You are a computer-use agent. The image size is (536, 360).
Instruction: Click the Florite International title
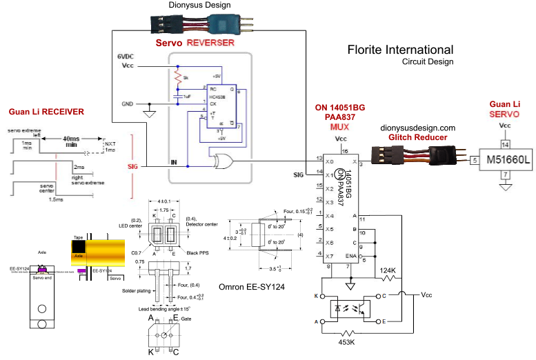tap(400, 50)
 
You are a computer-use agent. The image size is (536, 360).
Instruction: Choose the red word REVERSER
tap(210, 43)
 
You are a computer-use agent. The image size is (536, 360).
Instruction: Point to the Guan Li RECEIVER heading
tap(46, 111)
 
